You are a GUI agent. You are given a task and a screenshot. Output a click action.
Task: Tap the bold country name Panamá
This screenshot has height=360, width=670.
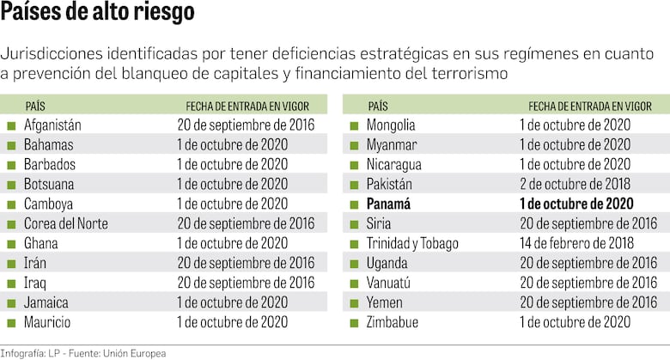click(x=389, y=204)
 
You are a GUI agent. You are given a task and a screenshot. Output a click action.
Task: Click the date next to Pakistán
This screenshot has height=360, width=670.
click(x=575, y=184)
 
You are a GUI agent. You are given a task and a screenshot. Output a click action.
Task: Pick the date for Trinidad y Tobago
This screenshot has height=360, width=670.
click(x=575, y=243)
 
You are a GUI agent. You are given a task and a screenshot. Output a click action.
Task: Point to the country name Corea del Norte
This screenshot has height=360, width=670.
click(x=65, y=223)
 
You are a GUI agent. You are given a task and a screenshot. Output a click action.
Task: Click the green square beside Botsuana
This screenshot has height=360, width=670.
click(x=11, y=185)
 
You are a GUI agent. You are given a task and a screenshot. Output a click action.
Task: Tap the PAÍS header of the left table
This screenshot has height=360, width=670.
click(x=35, y=106)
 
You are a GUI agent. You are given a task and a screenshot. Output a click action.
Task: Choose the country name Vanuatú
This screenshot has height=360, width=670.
click(x=392, y=283)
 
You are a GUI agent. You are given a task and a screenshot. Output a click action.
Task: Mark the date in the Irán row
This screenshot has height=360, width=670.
click(x=246, y=263)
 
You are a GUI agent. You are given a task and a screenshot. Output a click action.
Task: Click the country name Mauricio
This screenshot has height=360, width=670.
click(x=47, y=322)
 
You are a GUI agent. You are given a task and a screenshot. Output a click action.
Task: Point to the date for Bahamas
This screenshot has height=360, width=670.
click(x=232, y=144)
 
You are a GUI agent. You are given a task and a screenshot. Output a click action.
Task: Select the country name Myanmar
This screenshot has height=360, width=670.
click(x=393, y=144)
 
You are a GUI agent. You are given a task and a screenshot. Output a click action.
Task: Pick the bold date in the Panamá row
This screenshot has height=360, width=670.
click(x=576, y=204)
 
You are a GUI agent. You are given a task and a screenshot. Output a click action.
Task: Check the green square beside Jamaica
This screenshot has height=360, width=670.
click(x=11, y=303)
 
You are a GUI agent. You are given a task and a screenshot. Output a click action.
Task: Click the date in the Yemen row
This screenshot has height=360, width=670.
click(x=588, y=302)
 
